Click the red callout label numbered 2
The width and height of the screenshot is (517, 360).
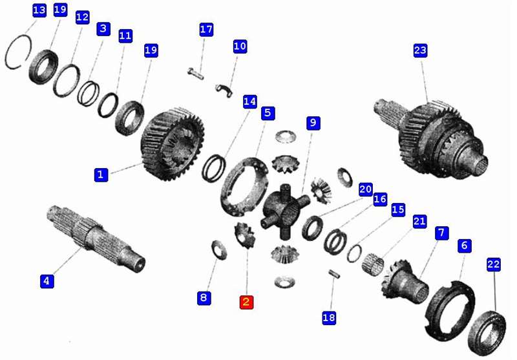[246, 302]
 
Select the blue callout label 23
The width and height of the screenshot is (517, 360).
[420, 50]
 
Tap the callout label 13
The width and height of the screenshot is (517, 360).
[39, 10]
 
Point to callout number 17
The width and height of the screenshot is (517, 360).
[206, 29]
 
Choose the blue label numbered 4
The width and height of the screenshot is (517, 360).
[47, 281]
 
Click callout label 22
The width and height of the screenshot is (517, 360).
[494, 264]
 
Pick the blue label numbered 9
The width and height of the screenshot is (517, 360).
[313, 123]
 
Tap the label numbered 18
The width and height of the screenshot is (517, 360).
[329, 317]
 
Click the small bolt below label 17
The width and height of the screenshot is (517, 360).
[196, 73]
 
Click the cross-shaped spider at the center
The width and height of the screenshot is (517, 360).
[286, 211]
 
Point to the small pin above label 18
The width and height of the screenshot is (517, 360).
[334, 273]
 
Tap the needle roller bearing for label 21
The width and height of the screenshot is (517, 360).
[373, 264]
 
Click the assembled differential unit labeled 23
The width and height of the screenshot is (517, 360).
[432, 138]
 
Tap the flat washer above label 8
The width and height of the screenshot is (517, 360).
[219, 250]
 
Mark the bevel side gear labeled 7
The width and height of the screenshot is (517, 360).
[406, 280]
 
